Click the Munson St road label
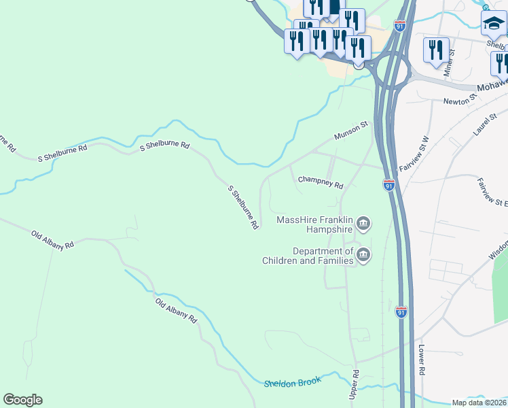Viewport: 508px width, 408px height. click(350, 131)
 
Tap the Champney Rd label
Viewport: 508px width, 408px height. click(321, 182)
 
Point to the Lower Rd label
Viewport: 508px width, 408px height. click(422, 361)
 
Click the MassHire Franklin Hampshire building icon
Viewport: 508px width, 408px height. click(363, 223)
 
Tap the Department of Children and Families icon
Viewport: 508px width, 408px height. click(363, 255)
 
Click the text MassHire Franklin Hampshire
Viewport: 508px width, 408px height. click(314, 224)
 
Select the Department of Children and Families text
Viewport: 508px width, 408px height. click(310, 256)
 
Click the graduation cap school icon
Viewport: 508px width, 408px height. click(493, 24)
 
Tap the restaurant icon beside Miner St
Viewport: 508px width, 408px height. click(436, 50)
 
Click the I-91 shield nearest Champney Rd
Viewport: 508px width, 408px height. click(388, 185)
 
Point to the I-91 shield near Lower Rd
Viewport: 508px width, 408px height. click(401, 312)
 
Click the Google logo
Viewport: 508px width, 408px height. click(22, 400)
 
